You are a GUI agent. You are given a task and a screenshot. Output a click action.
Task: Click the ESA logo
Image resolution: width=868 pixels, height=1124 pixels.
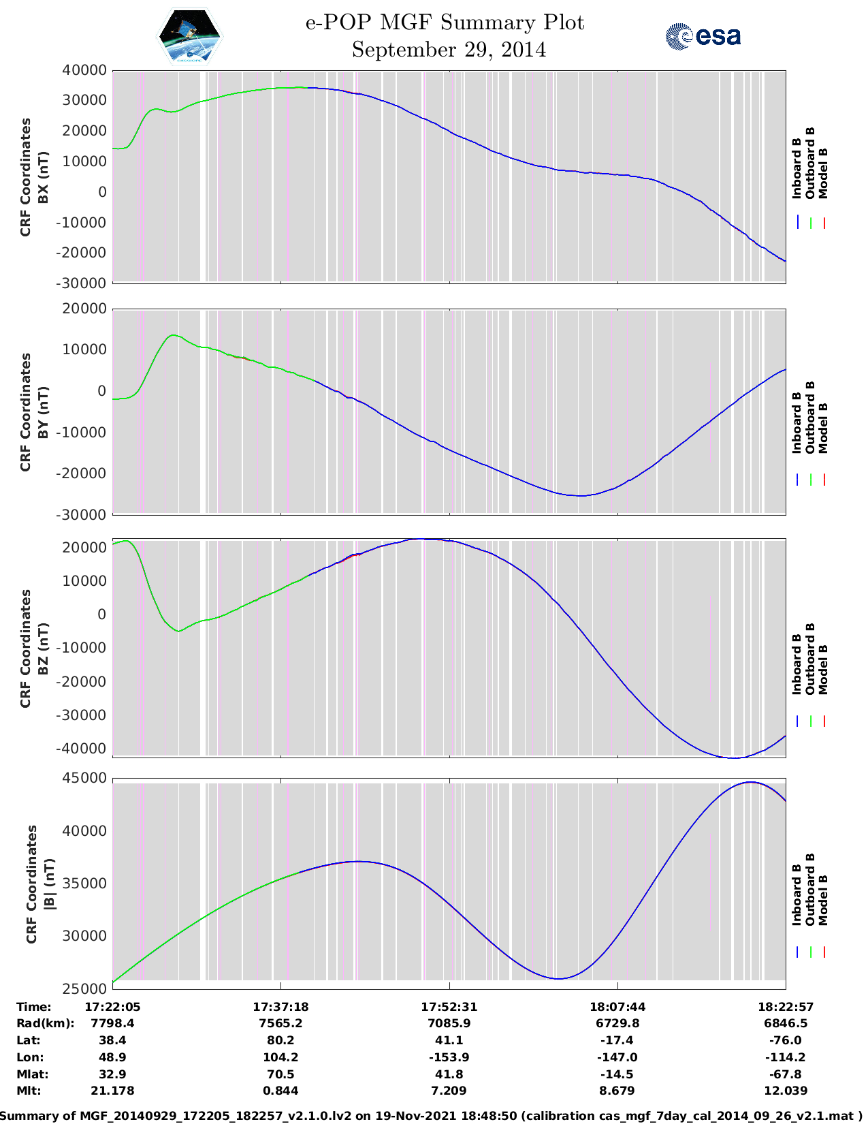(x=703, y=36)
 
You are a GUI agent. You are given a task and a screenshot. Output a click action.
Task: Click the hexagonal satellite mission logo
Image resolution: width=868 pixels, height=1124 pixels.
(x=190, y=37)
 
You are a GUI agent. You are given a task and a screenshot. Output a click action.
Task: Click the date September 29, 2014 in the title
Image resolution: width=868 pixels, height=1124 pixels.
(x=449, y=50)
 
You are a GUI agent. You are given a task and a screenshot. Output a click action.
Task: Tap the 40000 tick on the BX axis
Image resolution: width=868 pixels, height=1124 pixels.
(x=84, y=70)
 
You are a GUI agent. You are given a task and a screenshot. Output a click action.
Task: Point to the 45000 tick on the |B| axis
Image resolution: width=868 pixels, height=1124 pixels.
(x=84, y=778)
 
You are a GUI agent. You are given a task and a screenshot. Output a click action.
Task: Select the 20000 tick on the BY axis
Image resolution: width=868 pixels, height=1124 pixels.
(x=84, y=309)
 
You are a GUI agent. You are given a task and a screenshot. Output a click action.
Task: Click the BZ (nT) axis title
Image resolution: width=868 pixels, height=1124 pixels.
(x=43, y=649)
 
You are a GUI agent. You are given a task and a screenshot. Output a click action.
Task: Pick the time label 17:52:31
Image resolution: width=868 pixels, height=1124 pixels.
(x=449, y=1007)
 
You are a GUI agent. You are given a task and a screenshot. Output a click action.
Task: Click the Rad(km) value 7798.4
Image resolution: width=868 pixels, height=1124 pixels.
(x=112, y=1023)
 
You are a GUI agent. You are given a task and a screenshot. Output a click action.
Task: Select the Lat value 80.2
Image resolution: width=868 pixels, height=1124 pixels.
(x=280, y=1040)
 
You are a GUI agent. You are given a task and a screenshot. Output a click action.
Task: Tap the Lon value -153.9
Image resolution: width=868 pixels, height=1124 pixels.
(x=449, y=1057)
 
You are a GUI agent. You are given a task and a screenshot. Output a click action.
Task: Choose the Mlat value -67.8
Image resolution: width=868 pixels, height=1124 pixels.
(x=786, y=1074)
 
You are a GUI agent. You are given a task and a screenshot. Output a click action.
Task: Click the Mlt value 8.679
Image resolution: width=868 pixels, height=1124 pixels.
(x=617, y=1091)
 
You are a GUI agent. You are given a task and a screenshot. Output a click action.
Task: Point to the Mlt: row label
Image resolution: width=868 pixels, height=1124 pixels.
(x=29, y=1091)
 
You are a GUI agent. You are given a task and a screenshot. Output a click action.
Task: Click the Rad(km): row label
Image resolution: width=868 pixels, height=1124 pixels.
(x=45, y=1023)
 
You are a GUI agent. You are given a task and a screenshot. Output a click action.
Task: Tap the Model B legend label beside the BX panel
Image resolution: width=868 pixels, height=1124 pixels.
(x=823, y=173)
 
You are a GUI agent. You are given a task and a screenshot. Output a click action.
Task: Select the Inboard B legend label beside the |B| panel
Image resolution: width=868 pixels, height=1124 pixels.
(x=797, y=894)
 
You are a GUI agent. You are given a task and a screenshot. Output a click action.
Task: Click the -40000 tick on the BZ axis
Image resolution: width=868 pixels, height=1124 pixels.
(x=84, y=749)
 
